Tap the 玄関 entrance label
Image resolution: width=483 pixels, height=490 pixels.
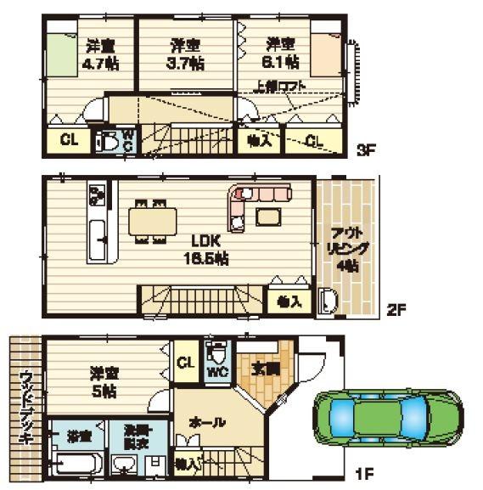264,370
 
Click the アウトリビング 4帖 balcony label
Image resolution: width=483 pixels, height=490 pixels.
345,250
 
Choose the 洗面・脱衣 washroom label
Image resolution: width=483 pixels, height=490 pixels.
140,435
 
